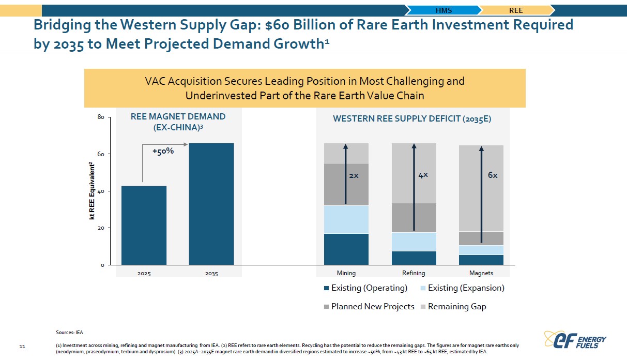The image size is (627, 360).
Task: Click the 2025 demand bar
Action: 144,225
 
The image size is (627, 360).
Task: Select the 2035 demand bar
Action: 211,204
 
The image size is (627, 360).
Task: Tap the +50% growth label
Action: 163,151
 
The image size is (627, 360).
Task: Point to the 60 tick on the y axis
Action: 101,154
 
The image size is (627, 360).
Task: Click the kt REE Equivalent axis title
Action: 92,191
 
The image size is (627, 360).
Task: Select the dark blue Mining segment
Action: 346,249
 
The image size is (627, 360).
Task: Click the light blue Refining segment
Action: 414,242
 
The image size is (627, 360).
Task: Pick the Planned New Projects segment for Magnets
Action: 481,238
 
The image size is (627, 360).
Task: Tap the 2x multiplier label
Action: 354,176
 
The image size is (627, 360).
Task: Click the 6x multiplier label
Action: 493,175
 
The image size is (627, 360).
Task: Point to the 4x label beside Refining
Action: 423,175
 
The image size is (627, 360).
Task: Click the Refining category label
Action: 414,273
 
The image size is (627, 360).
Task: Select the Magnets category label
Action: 481,273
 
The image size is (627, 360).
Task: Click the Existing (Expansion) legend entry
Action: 463,288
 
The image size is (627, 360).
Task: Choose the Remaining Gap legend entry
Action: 453,307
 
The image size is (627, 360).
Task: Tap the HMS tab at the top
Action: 444,10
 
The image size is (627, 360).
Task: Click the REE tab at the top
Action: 516,10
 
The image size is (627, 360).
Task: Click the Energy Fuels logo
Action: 575,340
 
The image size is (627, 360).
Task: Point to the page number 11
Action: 22,347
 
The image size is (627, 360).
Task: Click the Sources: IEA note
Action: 69,333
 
